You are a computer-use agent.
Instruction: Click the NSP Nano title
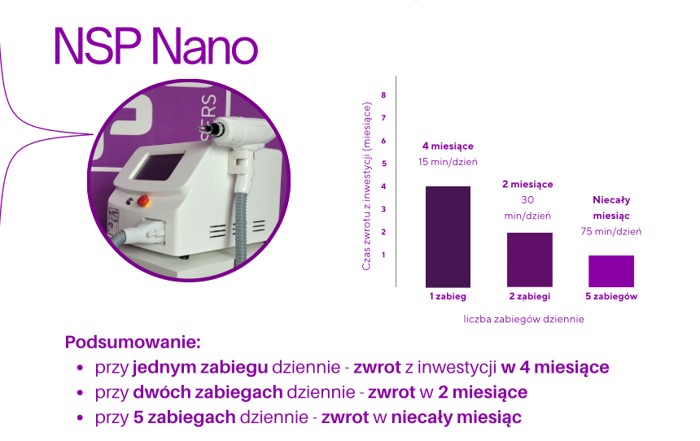[155, 46]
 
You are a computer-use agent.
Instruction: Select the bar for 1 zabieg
[448, 237]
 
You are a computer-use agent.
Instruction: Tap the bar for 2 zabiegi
[529, 260]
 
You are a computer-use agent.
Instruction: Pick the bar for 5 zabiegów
[611, 271]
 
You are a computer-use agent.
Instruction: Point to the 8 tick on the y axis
[383, 95]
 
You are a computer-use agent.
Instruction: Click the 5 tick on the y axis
[383, 164]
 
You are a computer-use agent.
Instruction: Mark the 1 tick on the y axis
[383, 255]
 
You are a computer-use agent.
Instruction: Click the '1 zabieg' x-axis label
[448, 296]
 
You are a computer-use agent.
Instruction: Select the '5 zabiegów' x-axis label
[611, 296]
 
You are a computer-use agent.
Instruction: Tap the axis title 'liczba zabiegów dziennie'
[523, 319]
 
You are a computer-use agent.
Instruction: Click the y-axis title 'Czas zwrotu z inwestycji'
[366, 186]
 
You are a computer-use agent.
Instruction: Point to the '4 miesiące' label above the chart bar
[448, 146]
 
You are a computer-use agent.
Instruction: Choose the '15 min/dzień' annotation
[448, 162]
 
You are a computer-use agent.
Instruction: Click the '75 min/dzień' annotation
[611, 231]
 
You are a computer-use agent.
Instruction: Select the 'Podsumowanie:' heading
[133, 343]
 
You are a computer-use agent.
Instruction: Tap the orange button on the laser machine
[143, 201]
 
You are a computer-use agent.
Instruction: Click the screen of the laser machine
[159, 166]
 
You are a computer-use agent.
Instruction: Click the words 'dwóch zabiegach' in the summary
[208, 392]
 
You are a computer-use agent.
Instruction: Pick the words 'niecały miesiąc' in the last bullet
[457, 417]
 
